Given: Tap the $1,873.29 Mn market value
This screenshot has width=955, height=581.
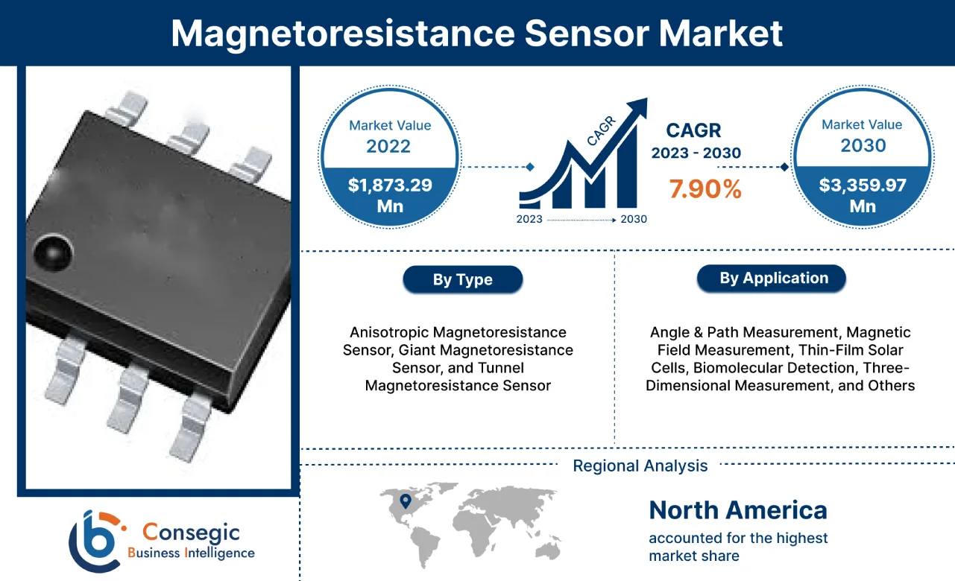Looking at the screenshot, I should pos(388,194).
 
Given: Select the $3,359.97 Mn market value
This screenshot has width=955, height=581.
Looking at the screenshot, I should pos(863,194).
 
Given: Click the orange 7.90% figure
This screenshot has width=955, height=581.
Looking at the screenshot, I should pos(705,189).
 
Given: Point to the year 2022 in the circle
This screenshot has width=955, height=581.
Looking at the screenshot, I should pos(388,145).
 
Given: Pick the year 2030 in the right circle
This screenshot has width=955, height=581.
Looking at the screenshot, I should pos(863,145).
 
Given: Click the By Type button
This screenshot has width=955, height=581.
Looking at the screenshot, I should pos(462,280).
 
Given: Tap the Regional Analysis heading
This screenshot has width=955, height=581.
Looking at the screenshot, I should pos(640,466).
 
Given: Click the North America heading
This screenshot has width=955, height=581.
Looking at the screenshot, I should pos(737,510).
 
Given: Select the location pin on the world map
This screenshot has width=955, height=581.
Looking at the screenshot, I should pos(405,502).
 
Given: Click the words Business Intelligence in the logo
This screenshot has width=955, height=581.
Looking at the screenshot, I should pos(191,553).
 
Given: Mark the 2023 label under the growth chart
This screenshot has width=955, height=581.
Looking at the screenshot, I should pos(530,220).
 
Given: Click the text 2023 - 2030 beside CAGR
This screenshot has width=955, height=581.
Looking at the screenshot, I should pos(696,153).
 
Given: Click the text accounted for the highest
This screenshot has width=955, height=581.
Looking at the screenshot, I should pos(737,538).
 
